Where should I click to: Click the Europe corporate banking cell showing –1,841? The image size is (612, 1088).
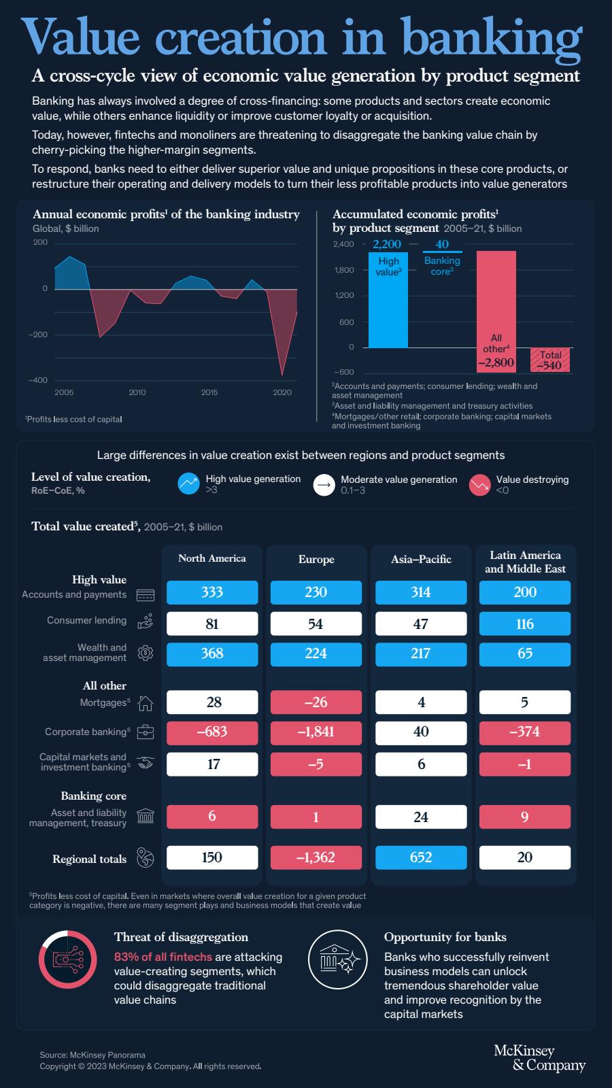click(x=316, y=732)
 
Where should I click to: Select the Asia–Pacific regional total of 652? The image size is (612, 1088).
click(x=421, y=857)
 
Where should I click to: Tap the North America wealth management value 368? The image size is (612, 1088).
click(x=212, y=653)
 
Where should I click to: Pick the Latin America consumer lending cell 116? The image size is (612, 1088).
click(x=525, y=624)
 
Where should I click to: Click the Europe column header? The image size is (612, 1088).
click(x=316, y=560)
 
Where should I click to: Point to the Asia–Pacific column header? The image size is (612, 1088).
click(x=421, y=560)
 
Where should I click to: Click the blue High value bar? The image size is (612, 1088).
click(x=388, y=300)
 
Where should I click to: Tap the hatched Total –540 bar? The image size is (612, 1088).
click(x=550, y=360)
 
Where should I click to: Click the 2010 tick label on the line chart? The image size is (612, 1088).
click(x=137, y=392)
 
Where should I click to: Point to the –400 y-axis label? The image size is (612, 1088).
click(x=38, y=380)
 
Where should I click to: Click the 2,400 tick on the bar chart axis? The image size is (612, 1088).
click(x=343, y=244)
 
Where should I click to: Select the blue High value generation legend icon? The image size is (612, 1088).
click(x=188, y=484)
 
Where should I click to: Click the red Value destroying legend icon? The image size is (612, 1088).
click(x=479, y=484)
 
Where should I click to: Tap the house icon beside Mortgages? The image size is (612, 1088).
click(x=146, y=702)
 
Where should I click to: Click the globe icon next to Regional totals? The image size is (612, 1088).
click(x=146, y=858)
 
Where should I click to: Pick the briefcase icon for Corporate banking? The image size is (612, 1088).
click(x=146, y=732)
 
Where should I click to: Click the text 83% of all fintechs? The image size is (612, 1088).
click(x=163, y=957)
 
